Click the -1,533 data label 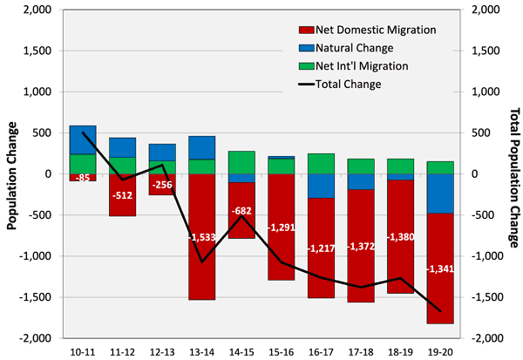coord(201,236)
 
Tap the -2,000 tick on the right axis coord(486,338)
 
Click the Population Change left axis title coord(12,173)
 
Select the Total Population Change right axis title coord(512,173)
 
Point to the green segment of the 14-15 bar coord(241,162)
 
